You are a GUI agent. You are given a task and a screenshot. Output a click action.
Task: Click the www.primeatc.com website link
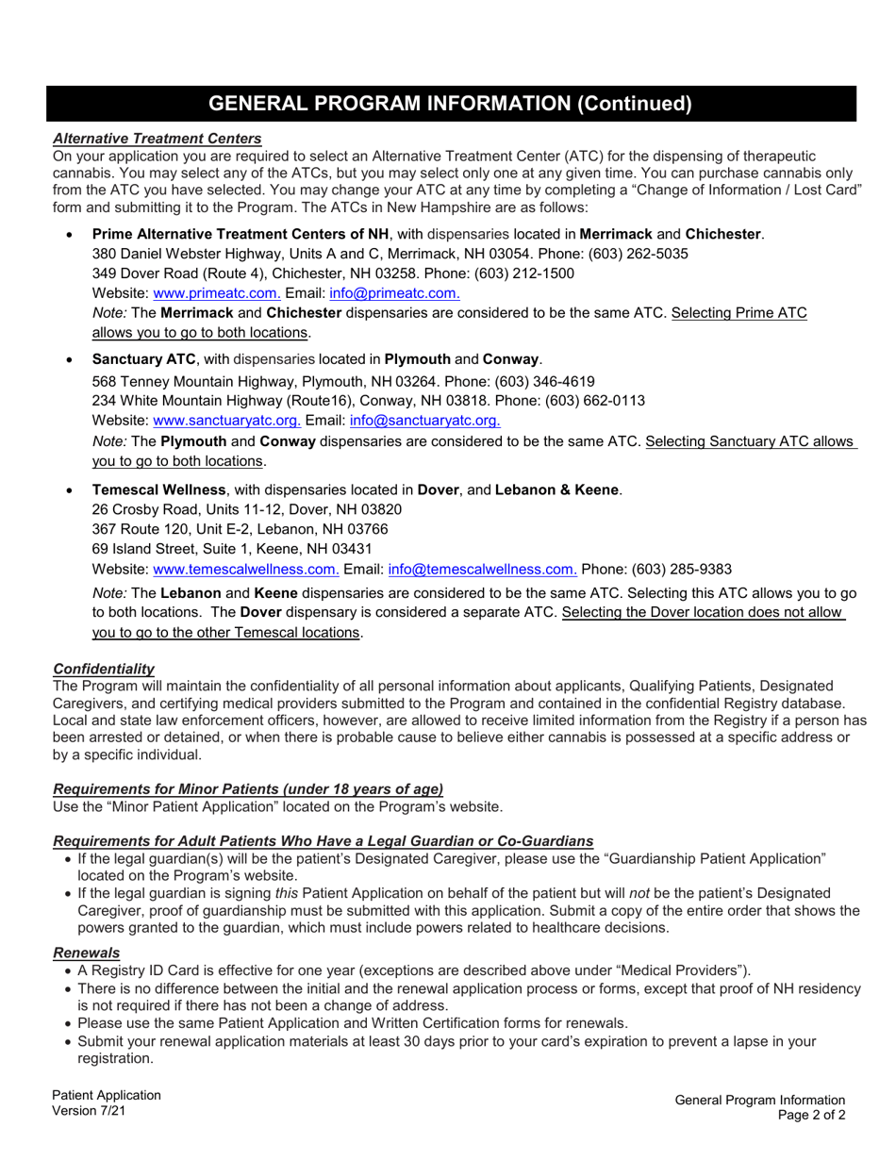tap(216, 293)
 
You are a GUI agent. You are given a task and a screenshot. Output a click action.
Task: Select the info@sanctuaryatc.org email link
tap(424, 421)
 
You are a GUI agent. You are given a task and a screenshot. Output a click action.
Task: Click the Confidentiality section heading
tap(104, 669)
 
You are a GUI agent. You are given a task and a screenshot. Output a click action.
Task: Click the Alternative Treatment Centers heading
tap(157, 138)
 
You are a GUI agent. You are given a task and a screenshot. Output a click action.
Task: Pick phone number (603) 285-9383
tap(681, 569)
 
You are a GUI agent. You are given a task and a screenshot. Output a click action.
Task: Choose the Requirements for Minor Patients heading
tap(248, 788)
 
